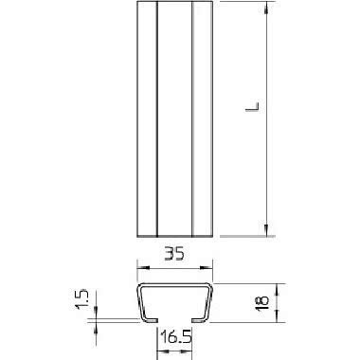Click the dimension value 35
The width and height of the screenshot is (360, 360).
point(172,254)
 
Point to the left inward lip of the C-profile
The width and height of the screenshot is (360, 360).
point(151,320)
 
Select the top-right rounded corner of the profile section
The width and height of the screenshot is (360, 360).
point(207,285)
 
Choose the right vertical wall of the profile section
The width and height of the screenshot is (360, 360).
point(209,302)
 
